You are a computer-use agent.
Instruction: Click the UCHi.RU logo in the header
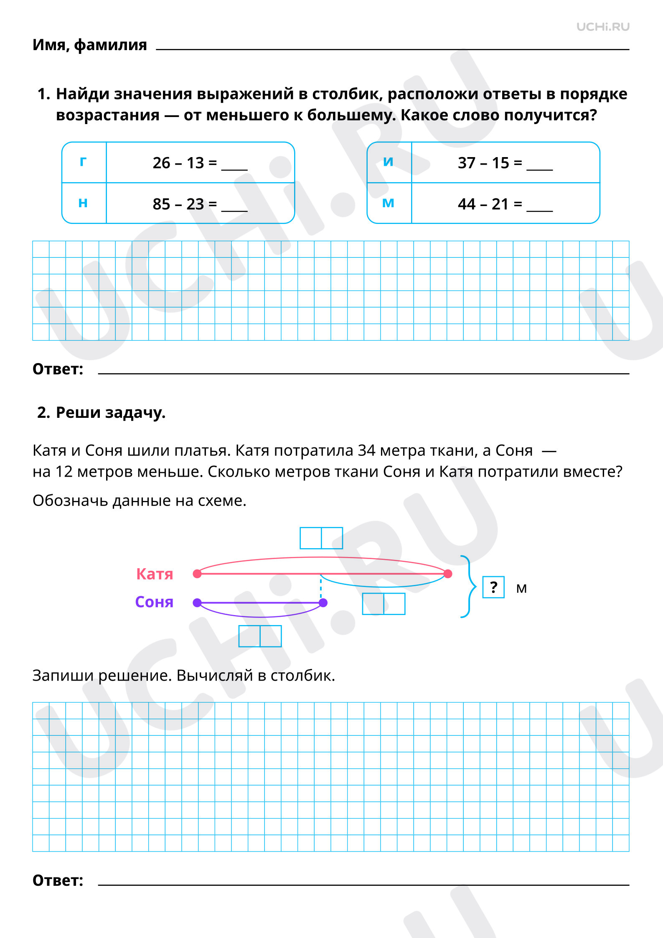pyautogui.click(x=603, y=27)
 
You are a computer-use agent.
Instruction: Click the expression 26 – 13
pyautogui.click(x=178, y=163)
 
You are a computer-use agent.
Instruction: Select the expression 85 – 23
pyautogui.click(x=178, y=204)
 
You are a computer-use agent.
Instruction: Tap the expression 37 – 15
pyautogui.click(x=483, y=163)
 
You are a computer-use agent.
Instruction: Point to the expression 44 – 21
pyautogui.click(x=483, y=204)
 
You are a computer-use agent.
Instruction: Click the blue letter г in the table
pyautogui.click(x=84, y=161)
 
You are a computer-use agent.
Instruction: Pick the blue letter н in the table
pyautogui.click(x=83, y=203)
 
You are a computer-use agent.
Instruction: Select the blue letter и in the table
pyautogui.click(x=389, y=161)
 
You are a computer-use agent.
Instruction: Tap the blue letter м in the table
pyautogui.click(x=389, y=203)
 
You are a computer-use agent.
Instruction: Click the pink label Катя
pyautogui.click(x=155, y=574)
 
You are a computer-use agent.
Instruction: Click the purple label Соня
pyautogui.click(x=154, y=602)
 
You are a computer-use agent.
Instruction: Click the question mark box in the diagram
pyautogui.click(x=493, y=587)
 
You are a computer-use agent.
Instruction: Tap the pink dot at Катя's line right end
pyautogui.click(x=448, y=574)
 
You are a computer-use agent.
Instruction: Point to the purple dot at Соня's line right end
pyautogui.click(x=323, y=602)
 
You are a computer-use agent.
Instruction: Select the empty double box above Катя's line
pyautogui.click(x=321, y=538)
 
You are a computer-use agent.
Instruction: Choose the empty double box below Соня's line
pyautogui.click(x=260, y=636)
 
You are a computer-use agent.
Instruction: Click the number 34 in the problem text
pyautogui.click(x=367, y=450)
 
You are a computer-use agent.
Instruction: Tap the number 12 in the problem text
pyautogui.click(x=64, y=472)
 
